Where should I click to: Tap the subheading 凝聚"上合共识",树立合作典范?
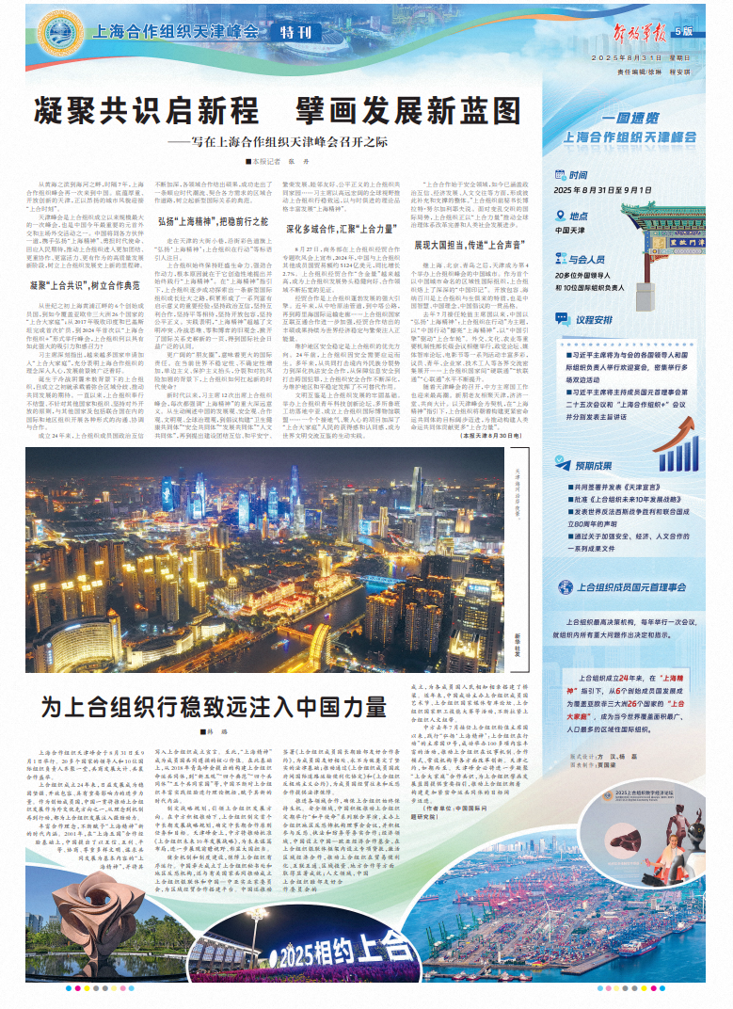coord(92,283)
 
